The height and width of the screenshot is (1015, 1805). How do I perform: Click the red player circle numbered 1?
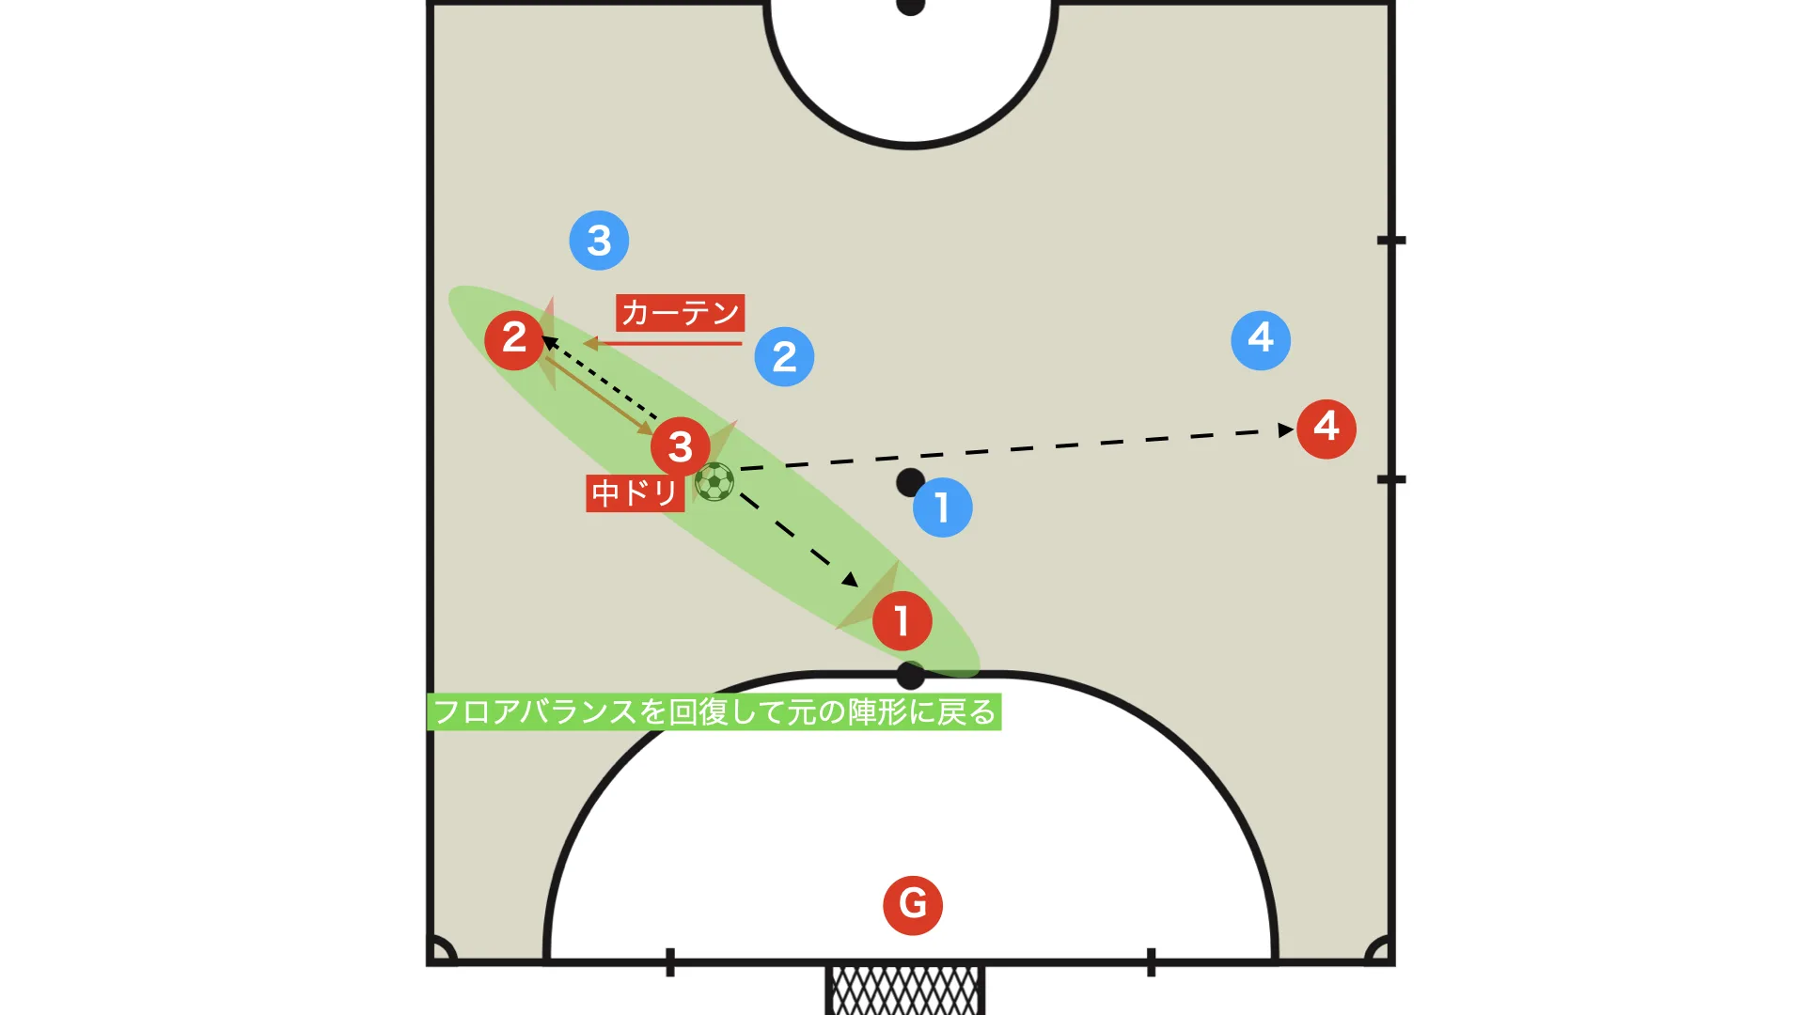pos(902,620)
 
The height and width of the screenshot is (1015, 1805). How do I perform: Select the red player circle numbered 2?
pos(514,338)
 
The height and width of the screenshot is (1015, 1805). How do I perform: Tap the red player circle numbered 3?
pos(680,446)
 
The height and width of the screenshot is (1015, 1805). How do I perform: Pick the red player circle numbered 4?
pos(1326,429)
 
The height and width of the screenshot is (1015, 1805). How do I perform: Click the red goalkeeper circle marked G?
pos(913,905)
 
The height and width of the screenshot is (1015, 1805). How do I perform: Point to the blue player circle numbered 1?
pos(943,507)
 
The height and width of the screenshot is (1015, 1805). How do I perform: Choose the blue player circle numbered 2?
pos(784,357)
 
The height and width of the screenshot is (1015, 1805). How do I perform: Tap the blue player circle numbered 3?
pos(599,241)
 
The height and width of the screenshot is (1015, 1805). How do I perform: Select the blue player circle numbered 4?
pos(1261,340)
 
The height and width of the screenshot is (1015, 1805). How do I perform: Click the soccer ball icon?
pos(714,482)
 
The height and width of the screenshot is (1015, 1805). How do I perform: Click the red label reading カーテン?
pos(681,312)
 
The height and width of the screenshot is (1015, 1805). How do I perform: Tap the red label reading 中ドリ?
pos(635,492)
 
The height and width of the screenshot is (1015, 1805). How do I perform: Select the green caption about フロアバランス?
pos(714,711)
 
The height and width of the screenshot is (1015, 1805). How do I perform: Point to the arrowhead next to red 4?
pos(1287,429)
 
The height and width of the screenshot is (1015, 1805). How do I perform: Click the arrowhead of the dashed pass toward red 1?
pos(851,580)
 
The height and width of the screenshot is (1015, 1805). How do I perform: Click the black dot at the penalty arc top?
pos(910,675)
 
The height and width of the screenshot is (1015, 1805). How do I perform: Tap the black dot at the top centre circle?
pos(910,6)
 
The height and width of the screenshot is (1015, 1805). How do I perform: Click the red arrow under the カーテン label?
pos(663,344)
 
